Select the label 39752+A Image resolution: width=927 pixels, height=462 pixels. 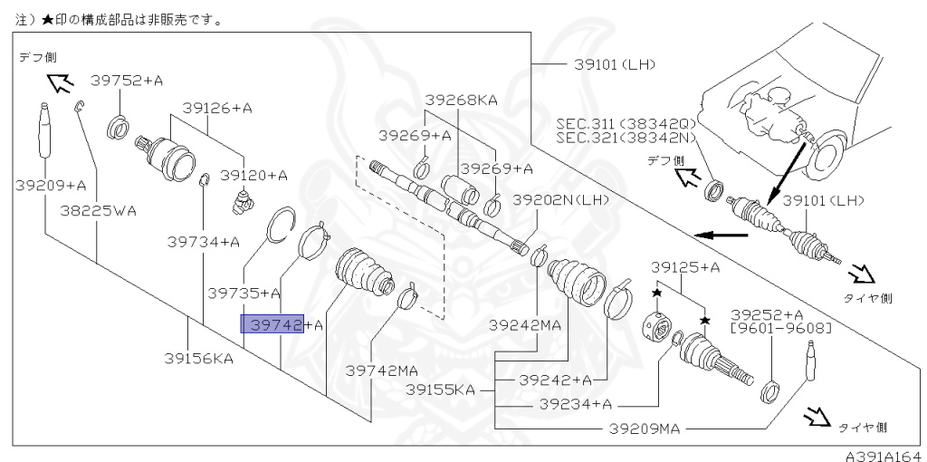(127, 81)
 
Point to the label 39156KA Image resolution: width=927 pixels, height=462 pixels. (198, 358)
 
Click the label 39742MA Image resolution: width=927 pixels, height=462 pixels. (383, 370)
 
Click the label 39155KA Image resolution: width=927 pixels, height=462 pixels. (440, 390)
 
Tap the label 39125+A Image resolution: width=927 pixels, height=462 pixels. (685, 267)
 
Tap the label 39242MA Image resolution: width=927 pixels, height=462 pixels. (526, 324)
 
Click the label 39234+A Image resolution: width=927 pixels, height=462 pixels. (576, 403)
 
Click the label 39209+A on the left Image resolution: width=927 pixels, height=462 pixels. (51, 185)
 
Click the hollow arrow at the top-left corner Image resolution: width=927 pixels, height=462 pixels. (60, 84)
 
